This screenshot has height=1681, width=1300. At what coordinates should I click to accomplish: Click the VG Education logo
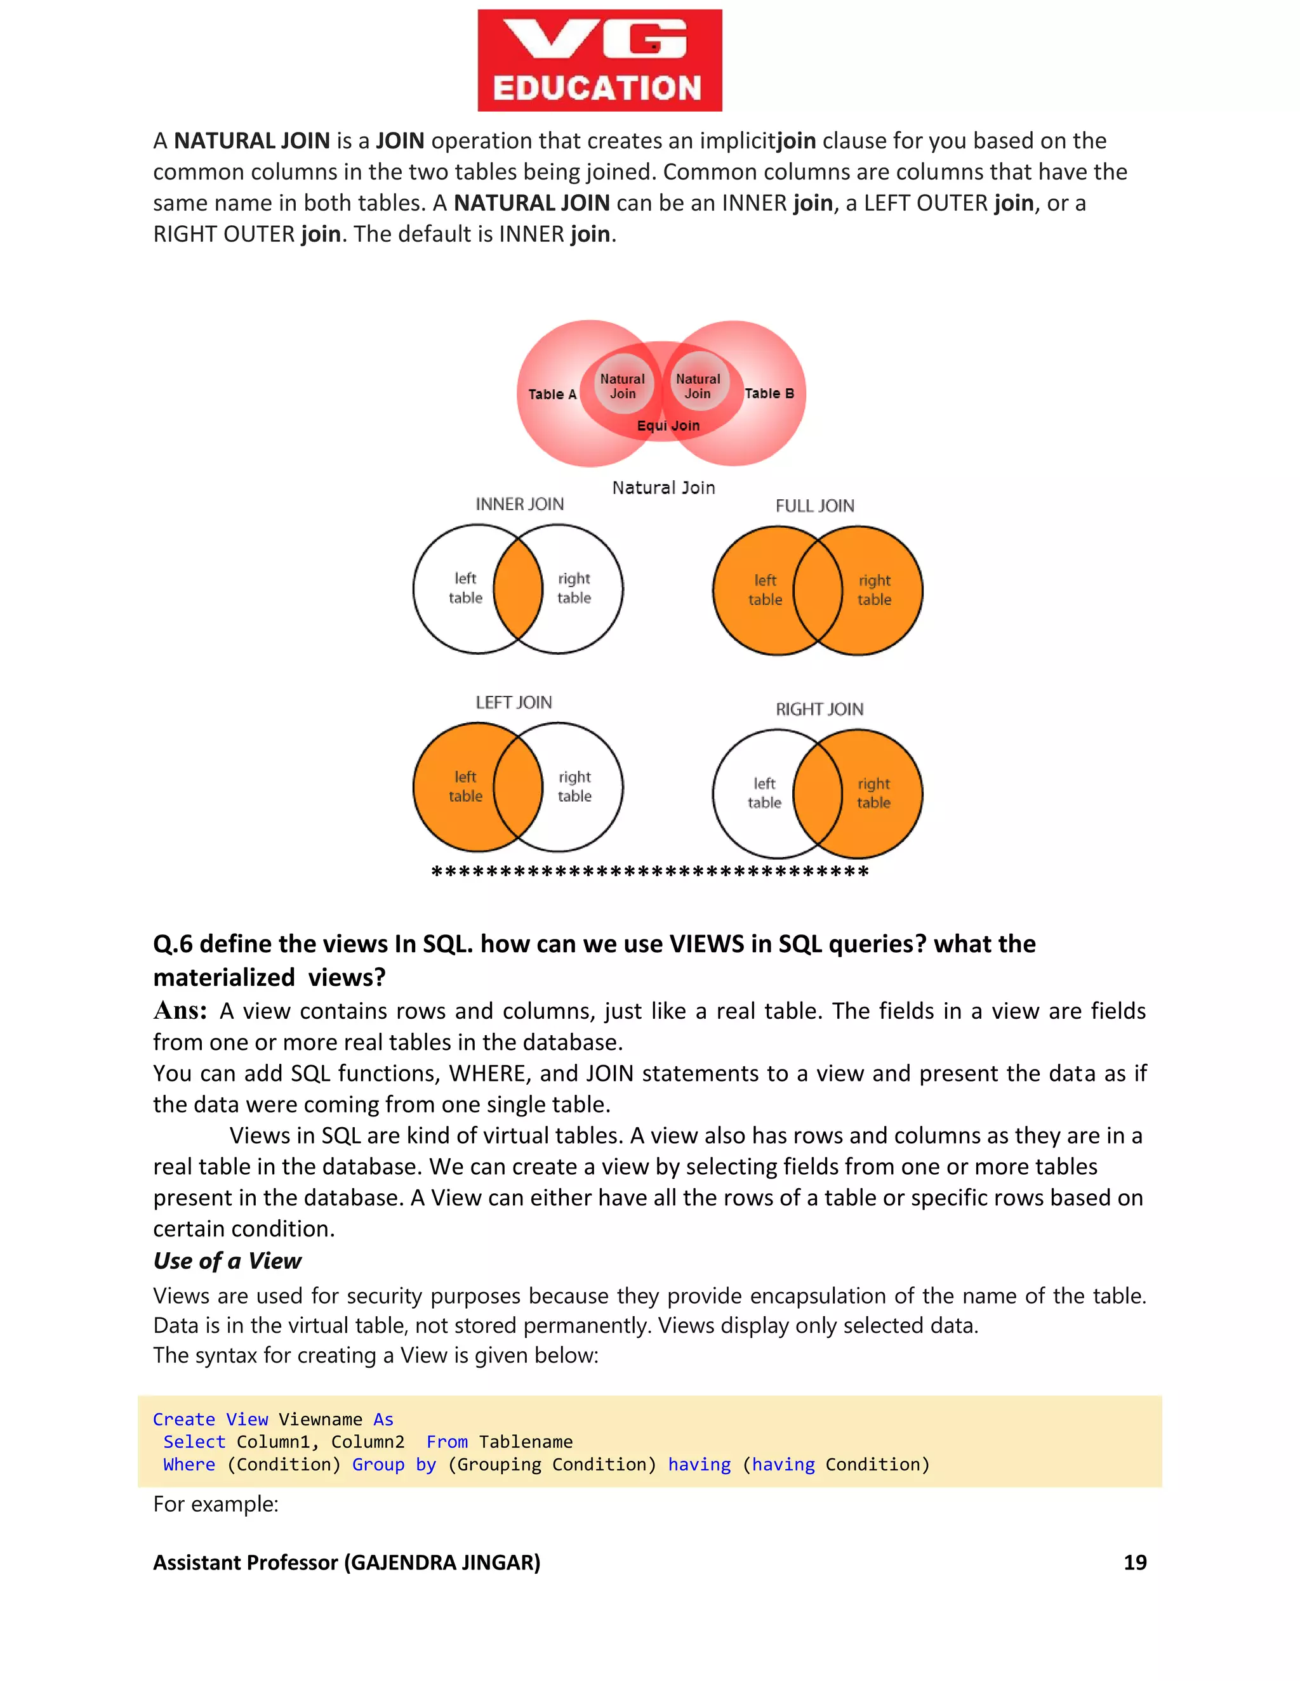click(599, 60)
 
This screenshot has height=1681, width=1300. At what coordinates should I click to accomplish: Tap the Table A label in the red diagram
click(552, 394)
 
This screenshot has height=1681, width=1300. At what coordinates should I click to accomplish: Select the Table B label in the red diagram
click(769, 393)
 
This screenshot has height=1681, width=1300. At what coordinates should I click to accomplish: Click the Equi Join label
click(668, 426)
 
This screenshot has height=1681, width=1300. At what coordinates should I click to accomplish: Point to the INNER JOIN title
click(519, 504)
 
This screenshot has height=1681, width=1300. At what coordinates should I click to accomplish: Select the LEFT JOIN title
click(513, 702)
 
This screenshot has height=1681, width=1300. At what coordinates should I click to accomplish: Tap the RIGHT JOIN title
click(819, 709)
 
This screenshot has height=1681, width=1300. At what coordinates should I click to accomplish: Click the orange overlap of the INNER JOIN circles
click(517, 589)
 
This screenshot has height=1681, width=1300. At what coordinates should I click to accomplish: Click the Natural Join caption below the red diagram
click(663, 487)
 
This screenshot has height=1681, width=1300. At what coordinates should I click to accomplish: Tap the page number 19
click(1134, 1562)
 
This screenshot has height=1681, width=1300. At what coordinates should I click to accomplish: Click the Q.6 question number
click(173, 944)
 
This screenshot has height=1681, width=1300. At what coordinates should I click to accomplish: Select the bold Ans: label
click(180, 1011)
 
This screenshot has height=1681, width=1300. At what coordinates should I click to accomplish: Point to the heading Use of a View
click(227, 1261)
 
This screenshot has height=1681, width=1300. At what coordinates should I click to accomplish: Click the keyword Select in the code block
click(194, 1442)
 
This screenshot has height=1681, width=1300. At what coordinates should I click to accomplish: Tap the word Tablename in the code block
click(525, 1442)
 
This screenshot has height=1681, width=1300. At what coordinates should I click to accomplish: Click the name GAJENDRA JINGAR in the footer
click(442, 1562)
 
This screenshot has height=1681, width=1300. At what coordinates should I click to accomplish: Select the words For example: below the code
click(216, 1503)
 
